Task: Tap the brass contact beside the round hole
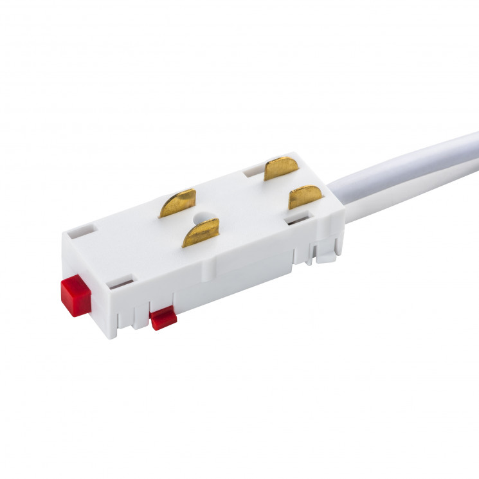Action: pos(201,232)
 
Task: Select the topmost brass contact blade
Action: pos(280,168)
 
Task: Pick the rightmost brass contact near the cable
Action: pos(304,197)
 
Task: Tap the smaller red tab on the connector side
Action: pos(163,318)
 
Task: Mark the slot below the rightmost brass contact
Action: pos(296,219)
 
